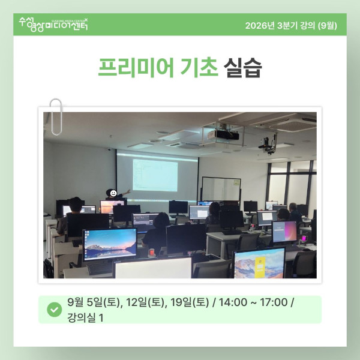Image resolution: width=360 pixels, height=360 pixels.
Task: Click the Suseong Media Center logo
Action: coord(53,25)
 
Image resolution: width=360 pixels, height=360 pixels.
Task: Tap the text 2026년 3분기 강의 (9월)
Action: coord(291,25)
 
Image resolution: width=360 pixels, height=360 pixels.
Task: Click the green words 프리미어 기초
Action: coord(158,67)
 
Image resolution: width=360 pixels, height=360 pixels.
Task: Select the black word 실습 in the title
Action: coord(242,67)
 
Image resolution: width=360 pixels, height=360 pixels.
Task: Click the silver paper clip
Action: coord(56,117)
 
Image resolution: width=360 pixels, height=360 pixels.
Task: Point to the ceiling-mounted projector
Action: coord(223,135)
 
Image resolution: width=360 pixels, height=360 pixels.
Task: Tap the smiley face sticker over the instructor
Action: coord(113,193)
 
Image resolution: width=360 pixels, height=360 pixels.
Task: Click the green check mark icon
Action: coord(55,310)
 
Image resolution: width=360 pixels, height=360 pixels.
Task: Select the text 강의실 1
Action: coord(85,318)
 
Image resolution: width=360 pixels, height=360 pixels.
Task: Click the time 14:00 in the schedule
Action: coord(233,302)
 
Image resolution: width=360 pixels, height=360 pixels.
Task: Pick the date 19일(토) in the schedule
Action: coord(190,302)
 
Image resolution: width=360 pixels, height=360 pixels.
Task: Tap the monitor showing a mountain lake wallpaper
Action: coord(110,244)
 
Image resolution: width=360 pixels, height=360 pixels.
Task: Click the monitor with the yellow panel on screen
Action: coord(259,263)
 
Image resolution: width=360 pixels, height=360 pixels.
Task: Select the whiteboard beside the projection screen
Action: coord(221,190)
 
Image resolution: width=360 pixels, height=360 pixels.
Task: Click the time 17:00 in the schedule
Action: coord(274,302)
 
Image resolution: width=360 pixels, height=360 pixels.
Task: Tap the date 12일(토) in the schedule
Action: coord(145,302)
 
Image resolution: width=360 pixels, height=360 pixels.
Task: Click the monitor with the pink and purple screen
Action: coord(284,232)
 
